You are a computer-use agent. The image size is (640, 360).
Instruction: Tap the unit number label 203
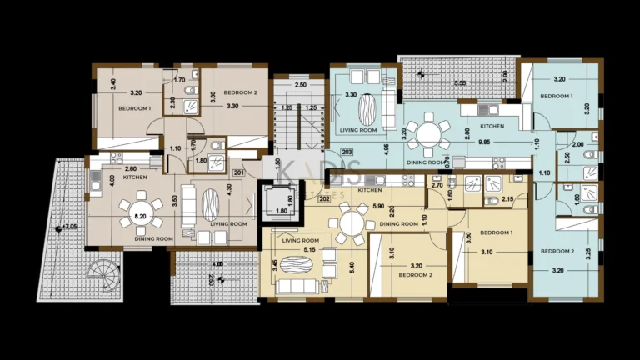pyautogui.click(x=347, y=151)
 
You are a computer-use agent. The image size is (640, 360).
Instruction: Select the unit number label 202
pyautogui.click(x=325, y=198)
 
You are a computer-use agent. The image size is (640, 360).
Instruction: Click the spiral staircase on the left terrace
pyautogui.click(x=103, y=271)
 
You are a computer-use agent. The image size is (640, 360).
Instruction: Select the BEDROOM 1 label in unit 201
pyautogui.click(x=133, y=109)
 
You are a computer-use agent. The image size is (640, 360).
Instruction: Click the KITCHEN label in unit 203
pyautogui.click(x=492, y=125)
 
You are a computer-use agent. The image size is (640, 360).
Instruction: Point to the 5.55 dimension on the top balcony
pyautogui.click(x=459, y=84)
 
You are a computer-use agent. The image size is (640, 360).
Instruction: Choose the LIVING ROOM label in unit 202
pyautogui.click(x=301, y=240)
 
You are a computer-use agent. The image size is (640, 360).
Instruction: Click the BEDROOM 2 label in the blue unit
pyautogui.click(x=557, y=251)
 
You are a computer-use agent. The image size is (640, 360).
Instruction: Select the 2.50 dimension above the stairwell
pyautogui.click(x=301, y=85)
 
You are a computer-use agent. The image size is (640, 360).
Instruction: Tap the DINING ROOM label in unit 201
pyautogui.click(x=153, y=239)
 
